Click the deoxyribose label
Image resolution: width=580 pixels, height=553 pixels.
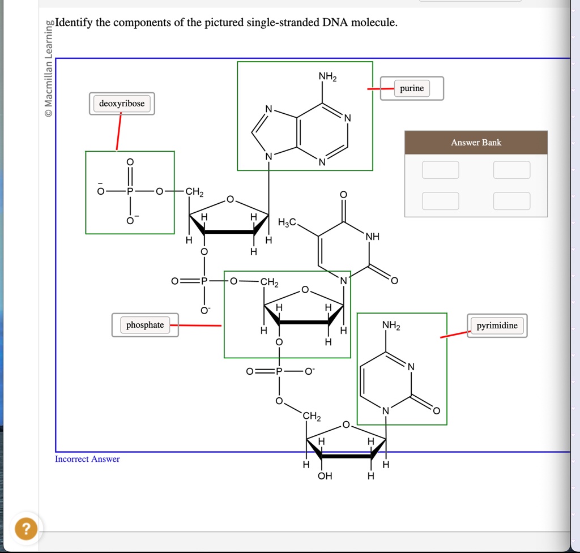click(x=122, y=104)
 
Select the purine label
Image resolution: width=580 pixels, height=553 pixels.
click(x=412, y=88)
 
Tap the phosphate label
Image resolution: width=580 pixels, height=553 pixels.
click(x=145, y=325)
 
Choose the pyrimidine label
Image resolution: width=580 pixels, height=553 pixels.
click(x=497, y=325)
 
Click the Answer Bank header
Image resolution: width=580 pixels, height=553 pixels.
click(x=476, y=142)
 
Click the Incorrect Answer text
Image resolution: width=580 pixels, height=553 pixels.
click(x=87, y=459)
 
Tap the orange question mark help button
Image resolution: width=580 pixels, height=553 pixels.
click(x=26, y=529)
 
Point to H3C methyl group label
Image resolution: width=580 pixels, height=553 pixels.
click(x=287, y=222)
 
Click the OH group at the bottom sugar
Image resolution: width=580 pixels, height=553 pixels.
click(x=325, y=476)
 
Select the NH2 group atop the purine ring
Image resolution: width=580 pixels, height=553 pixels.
click(x=327, y=76)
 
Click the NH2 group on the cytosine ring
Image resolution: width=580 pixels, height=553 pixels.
click(x=391, y=325)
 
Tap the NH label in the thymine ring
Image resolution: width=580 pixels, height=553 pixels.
click(x=373, y=237)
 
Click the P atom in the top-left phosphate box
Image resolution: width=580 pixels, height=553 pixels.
click(x=130, y=191)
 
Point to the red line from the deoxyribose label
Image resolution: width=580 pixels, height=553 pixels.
click(x=119, y=131)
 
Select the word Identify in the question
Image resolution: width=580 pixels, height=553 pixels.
click(x=74, y=23)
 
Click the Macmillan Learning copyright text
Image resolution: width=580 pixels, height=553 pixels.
click(x=49, y=68)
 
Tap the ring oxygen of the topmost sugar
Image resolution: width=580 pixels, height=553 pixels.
click(x=230, y=200)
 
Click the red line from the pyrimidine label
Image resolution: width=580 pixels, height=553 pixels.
click(x=455, y=334)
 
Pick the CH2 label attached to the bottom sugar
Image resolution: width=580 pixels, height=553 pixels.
click(x=312, y=416)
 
